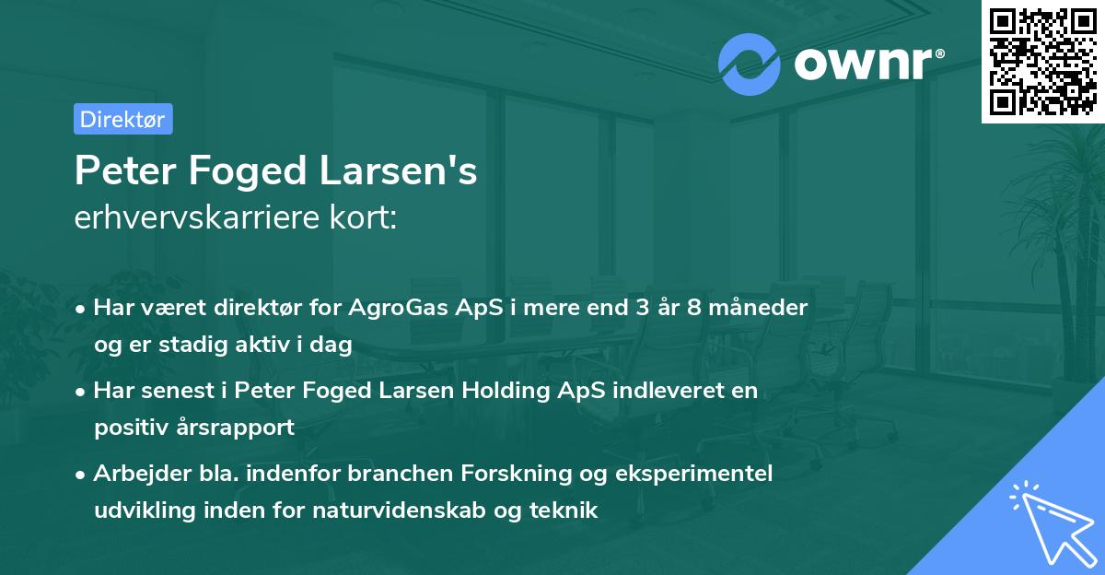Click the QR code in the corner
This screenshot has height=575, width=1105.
1041,61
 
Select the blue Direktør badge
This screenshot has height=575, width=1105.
122,119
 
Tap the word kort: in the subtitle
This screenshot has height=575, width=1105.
366,217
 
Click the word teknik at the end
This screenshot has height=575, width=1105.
567,510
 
